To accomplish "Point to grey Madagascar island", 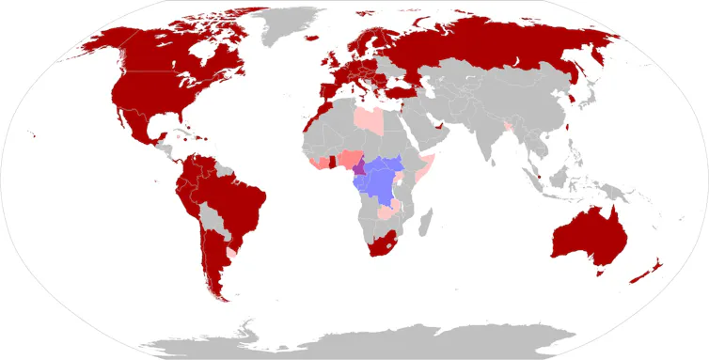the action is pos(426,223).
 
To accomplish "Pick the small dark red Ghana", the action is pos(332,162).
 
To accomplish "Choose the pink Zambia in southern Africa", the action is pos(386,213).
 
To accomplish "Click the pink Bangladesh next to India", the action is pos(509,126).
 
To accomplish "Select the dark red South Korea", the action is pos(570,96).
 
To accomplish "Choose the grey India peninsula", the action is pos(489,136).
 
